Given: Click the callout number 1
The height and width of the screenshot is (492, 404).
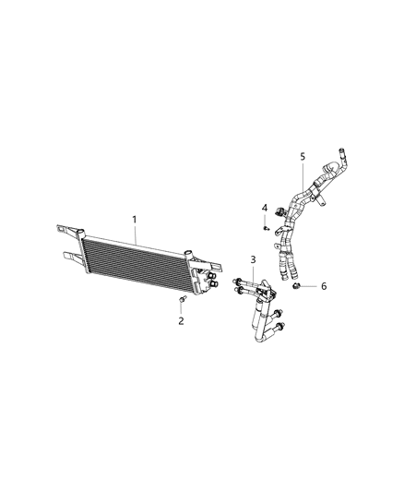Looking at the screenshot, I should pos(135,219).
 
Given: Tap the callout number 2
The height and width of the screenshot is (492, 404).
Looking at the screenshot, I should pos(181,320).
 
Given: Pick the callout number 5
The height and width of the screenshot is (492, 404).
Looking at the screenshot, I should pos(302,157).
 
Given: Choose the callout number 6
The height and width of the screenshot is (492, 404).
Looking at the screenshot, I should pos(323,286).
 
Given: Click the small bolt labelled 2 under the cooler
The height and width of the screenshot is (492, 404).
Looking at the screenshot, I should pos(182,302).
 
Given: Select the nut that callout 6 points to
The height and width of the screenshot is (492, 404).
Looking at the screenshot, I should pos(299,287).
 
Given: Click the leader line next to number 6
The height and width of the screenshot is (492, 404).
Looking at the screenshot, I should pos(311,287).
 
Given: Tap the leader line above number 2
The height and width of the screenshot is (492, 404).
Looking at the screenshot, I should pos(182,311).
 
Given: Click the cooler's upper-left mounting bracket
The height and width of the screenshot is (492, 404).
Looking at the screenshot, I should pos(69,229).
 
